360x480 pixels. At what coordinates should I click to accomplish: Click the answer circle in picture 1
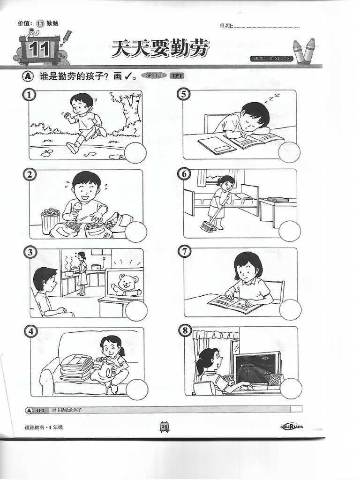click(135, 153)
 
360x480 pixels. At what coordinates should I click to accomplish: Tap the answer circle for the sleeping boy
click(289, 152)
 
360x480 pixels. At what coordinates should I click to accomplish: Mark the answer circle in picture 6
click(289, 231)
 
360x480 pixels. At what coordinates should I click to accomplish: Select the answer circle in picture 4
click(137, 390)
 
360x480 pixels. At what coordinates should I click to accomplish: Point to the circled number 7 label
click(185, 251)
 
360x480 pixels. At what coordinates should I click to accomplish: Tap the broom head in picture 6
click(206, 227)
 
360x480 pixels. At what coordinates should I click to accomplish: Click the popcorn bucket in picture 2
click(50, 221)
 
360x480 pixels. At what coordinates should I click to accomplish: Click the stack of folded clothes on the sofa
click(76, 367)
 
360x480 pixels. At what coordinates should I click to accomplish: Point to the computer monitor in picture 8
click(257, 368)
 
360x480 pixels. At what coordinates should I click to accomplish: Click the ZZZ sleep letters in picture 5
click(271, 97)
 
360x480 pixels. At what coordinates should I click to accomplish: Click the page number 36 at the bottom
click(165, 426)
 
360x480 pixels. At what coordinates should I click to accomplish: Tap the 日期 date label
click(225, 26)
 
